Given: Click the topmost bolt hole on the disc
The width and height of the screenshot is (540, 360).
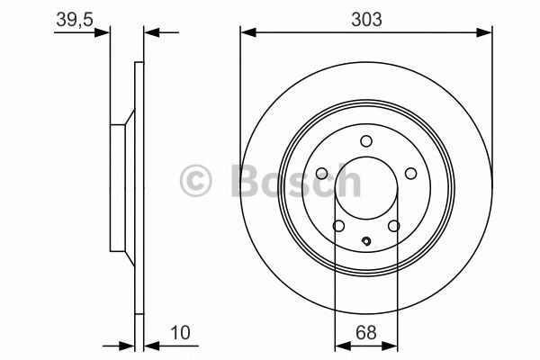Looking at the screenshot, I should [366, 140].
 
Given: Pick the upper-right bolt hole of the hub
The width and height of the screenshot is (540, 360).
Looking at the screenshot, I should [410, 174].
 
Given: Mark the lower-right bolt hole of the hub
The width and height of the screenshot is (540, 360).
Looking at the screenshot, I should [394, 227].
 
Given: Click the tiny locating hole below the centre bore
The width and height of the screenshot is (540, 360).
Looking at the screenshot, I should [366, 240].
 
